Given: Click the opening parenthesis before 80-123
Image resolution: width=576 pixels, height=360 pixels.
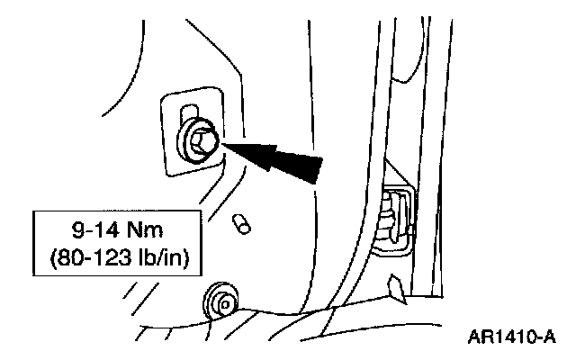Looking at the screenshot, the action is [x=48, y=255].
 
